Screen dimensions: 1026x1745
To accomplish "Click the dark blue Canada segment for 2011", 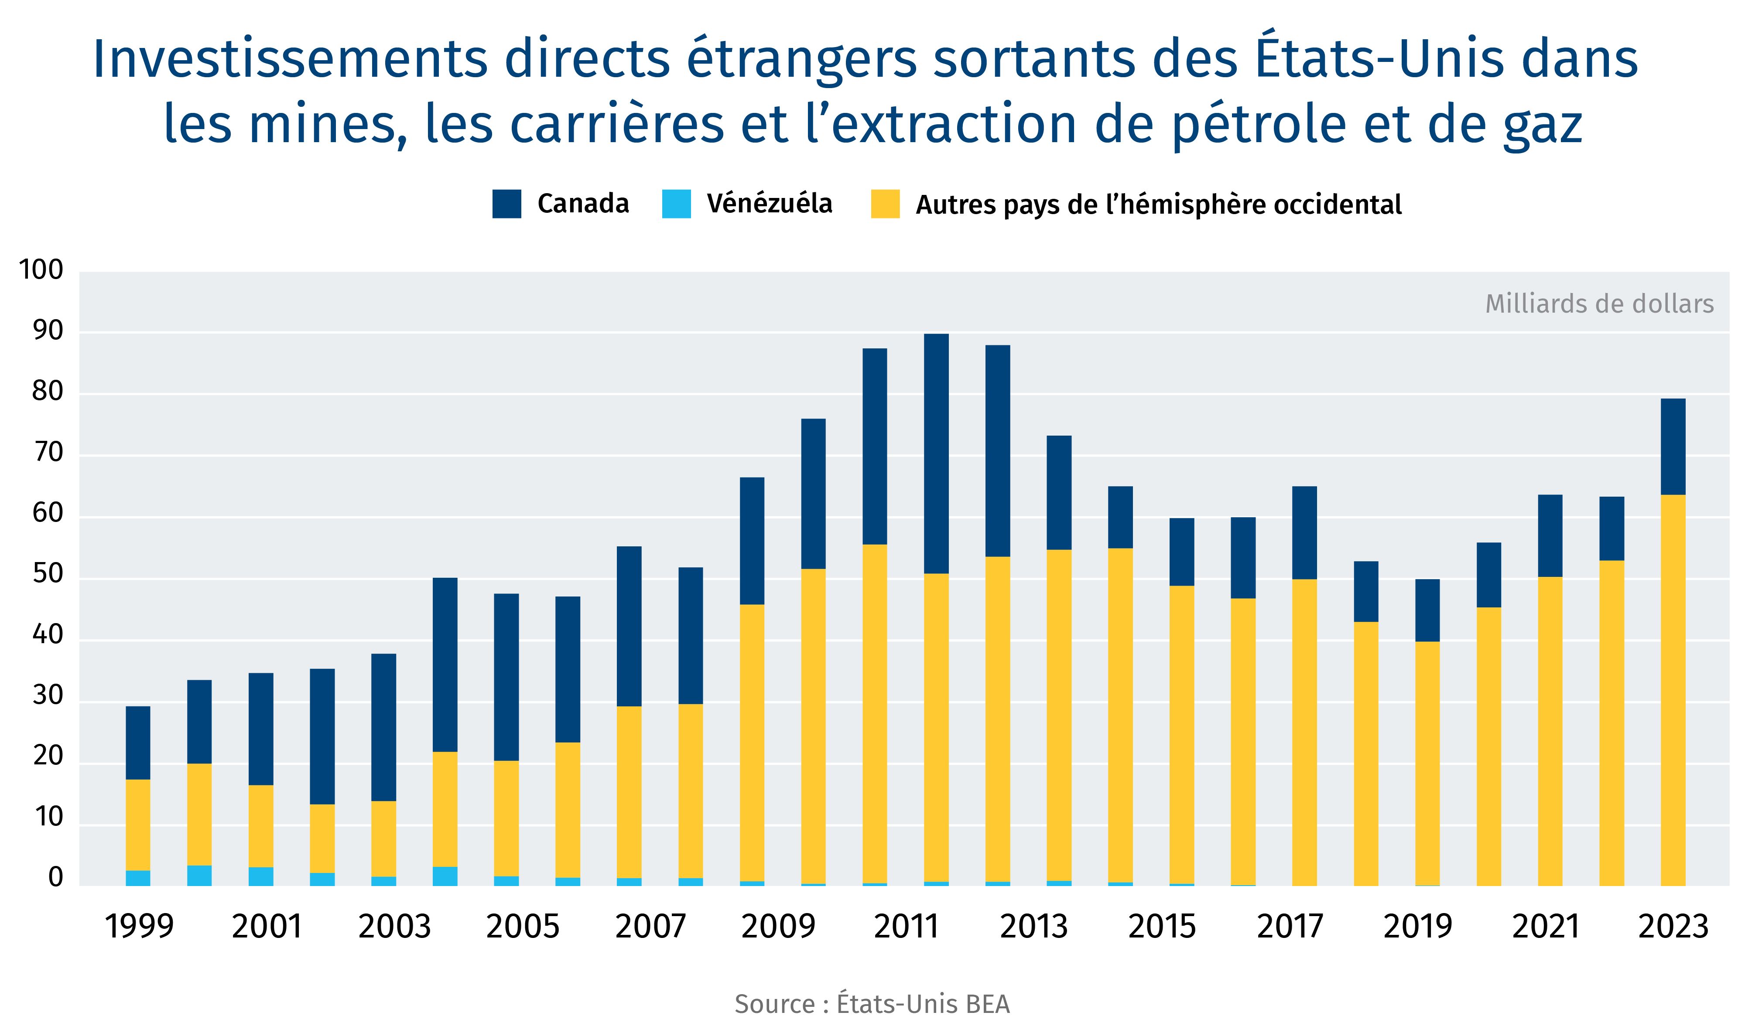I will coord(936,453).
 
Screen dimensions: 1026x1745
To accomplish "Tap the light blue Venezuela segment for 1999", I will coord(138,878).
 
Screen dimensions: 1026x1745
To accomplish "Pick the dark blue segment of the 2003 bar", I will coord(383,727).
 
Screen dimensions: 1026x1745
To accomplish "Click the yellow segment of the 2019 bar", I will coord(1427,761).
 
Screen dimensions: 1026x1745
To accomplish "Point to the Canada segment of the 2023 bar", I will coord(1673,447).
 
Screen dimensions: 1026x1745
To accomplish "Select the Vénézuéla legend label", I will coord(769,204).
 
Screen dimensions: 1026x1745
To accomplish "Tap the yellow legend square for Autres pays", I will coord(885,204).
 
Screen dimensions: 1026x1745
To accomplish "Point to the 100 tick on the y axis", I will coord(41,270).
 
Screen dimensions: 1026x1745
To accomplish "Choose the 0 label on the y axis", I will coord(55,878).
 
